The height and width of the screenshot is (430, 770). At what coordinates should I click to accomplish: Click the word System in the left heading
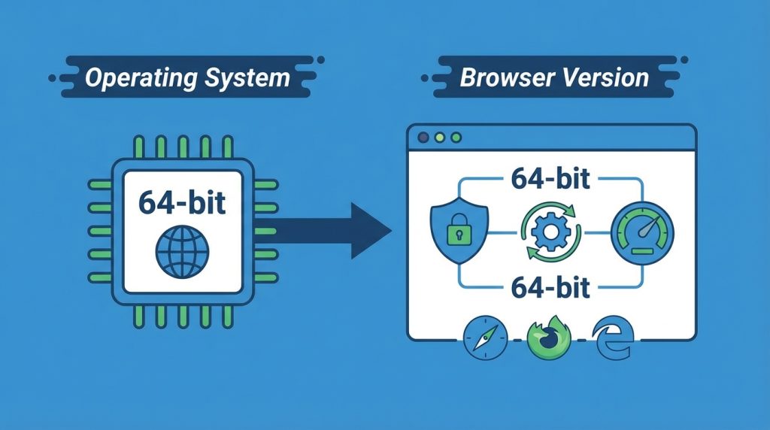click(247, 78)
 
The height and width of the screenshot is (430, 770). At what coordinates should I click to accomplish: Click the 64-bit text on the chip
click(182, 202)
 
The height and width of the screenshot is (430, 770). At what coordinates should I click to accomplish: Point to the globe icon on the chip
click(182, 252)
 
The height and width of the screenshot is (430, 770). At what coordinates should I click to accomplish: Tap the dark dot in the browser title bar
click(423, 138)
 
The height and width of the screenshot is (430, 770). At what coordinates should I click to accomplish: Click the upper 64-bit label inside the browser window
click(550, 178)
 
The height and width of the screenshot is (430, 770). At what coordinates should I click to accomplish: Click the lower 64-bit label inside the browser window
click(550, 287)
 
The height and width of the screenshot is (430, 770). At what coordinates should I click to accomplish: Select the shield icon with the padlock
click(459, 231)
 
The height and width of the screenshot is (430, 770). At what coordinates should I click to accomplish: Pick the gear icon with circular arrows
click(551, 232)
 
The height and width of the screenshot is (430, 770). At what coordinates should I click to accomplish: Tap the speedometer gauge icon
click(642, 233)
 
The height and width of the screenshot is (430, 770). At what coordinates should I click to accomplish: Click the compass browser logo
click(486, 338)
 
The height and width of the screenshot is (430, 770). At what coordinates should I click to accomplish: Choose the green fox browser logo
click(549, 338)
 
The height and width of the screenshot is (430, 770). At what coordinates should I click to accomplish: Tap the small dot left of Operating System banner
click(52, 78)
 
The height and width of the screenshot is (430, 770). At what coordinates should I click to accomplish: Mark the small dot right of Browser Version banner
click(684, 60)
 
